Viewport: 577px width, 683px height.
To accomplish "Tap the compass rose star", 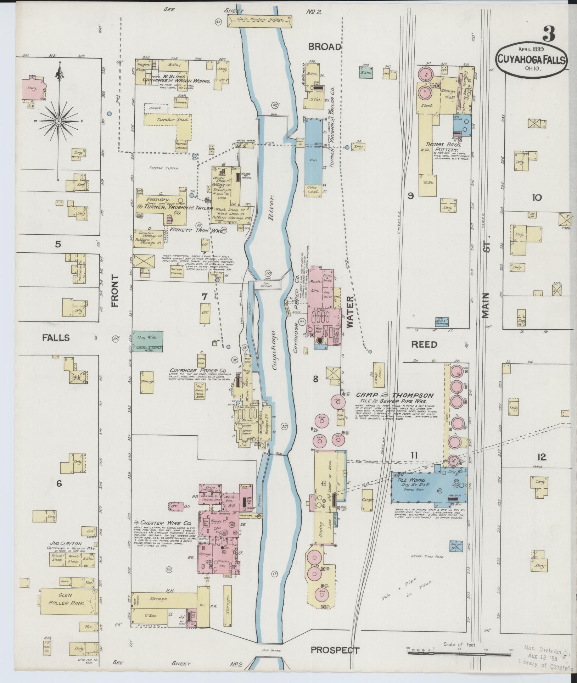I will pyautogui.click(x=59, y=121).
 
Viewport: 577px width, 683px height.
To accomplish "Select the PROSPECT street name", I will pyautogui.click(x=335, y=650).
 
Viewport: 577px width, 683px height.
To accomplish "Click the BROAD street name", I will pyautogui.click(x=324, y=47).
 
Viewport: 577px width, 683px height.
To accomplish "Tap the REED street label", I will pyautogui.click(x=424, y=345).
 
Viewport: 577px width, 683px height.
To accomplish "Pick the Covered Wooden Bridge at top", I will pyautogui.click(x=261, y=21).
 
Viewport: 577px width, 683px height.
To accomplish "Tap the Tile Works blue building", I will pyautogui.click(x=429, y=488).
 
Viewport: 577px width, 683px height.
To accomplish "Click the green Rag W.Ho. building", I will pyautogui.click(x=147, y=336).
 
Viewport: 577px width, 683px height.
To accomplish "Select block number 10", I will pyautogui.click(x=536, y=198).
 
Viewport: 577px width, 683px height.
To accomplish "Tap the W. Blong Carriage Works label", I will pyautogui.click(x=176, y=78).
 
